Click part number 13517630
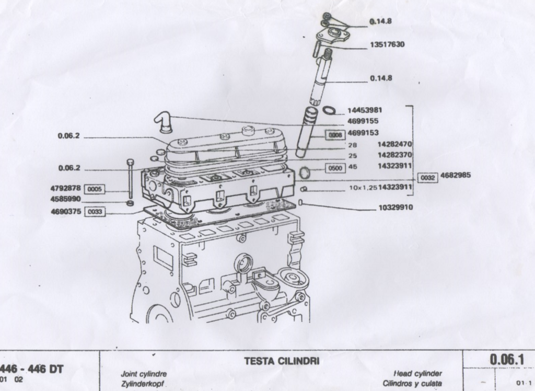point(387,45)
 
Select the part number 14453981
point(365,110)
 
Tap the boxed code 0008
point(334,135)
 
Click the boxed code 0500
point(334,168)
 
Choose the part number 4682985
point(456,175)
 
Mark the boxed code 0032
point(428,178)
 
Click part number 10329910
point(396,208)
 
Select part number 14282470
point(396,144)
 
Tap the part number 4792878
point(65,188)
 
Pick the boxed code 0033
point(95,212)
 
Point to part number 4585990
point(65,199)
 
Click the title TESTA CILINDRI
point(282,361)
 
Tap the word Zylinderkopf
point(143,384)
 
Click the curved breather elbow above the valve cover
point(162,123)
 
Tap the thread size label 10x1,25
point(363,187)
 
